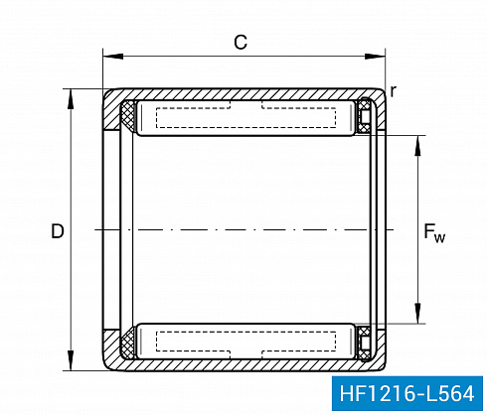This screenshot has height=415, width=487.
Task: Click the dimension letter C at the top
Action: (x=241, y=43)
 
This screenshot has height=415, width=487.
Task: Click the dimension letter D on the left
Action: (x=58, y=231)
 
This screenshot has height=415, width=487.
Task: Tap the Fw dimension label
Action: (x=434, y=233)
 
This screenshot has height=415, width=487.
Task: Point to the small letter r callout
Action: (x=393, y=90)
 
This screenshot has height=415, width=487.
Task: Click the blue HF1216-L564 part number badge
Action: (x=406, y=393)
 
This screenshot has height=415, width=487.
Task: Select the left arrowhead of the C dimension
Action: (x=113, y=57)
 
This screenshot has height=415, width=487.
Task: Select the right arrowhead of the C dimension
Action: (x=375, y=57)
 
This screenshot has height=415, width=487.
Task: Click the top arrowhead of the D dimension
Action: (x=71, y=99)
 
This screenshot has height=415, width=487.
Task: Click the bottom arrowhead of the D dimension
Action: (x=71, y=360)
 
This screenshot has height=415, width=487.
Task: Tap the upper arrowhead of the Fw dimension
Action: (x=417, y=145)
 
